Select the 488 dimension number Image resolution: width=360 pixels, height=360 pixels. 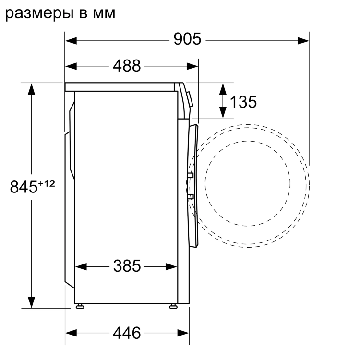(127, 66)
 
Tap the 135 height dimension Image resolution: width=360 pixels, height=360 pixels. (243, 101)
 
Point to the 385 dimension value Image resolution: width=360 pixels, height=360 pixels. (127, 265)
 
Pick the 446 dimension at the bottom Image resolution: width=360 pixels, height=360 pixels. (127, 332)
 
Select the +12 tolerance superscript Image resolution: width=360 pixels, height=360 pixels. (47, 183)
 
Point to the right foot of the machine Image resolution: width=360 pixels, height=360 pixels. (172, 306)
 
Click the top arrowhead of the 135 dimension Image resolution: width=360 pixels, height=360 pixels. (223, 88)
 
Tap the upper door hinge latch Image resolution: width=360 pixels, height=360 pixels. (191, 176)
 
